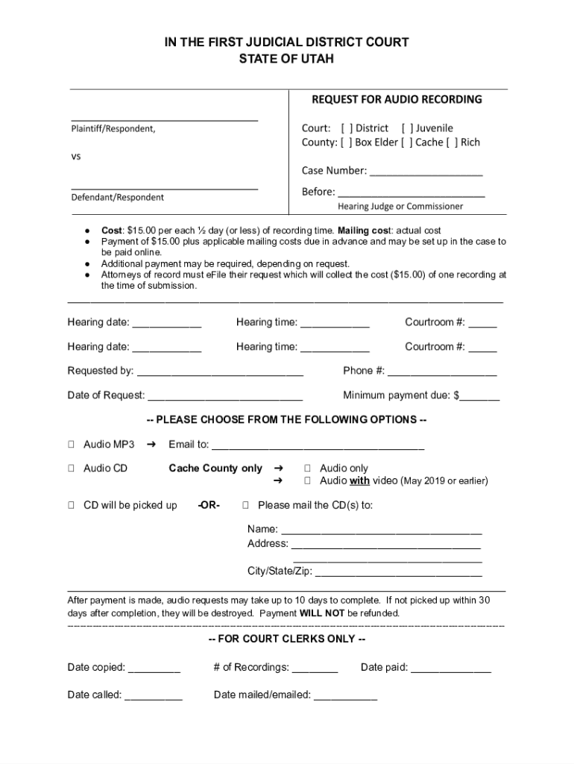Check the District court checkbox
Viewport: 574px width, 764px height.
click(x=347, y=128)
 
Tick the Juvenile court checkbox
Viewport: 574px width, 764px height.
click(x=407, y=128)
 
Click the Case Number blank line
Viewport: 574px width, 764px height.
click(x=426, y=172)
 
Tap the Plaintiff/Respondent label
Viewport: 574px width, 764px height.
click(x=113, y=128)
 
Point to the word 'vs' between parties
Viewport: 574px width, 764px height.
click(x=76, y=157)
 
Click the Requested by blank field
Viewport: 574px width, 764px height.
click(x=220, y=371)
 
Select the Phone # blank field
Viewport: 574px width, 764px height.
click(x=442, y=371)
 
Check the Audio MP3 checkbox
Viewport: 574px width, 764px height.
click(x=71, y=445)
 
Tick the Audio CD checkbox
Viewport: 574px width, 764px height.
click(x=71, y=469)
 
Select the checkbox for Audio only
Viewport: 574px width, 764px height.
click(x=307, y=469)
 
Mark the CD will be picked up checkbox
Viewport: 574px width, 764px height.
click(x=71, y=506)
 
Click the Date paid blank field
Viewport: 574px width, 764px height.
click(x=451, y=668)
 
